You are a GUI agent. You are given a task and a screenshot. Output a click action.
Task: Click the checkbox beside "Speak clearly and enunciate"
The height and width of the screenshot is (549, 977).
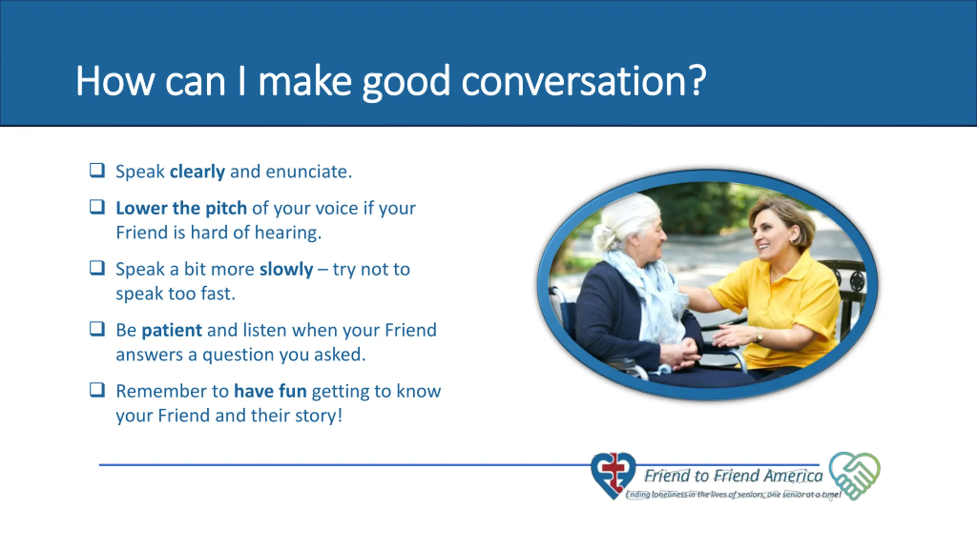pos(97,170)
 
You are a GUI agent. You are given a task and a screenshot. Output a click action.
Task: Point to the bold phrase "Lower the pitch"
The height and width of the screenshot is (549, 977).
pos(181,209)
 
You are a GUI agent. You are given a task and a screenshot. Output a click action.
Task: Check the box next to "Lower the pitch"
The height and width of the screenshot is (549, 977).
pos(97,207)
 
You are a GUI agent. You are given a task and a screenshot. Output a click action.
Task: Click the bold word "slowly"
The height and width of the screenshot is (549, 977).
pos(286,270)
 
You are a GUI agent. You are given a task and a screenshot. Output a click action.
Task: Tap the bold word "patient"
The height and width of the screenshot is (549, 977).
pos(172,331)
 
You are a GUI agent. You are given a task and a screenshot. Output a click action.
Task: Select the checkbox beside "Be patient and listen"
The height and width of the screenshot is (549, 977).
pos(97,329)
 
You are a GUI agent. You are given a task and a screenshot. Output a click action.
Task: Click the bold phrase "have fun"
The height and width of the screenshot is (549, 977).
pos(270,391)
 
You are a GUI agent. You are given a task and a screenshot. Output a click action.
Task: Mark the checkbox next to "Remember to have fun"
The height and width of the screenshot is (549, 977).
pos(97,390)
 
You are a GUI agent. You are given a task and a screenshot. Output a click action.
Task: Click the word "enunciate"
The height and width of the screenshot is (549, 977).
pos(309,172)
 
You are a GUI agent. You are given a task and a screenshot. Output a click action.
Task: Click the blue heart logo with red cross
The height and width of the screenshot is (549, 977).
pos(613,475)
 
